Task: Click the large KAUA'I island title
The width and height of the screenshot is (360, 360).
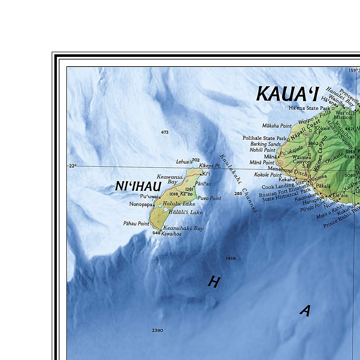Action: (x=287, y=95)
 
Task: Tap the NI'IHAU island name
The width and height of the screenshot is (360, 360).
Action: (x=138, y=186)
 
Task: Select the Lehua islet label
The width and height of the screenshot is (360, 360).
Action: (x=182, y=162)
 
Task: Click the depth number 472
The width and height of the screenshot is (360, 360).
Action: (x=165, y=132)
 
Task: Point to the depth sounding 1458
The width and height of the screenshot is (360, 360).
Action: (x=230, y=258)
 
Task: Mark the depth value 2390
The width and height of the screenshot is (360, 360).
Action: (x=157, y=330)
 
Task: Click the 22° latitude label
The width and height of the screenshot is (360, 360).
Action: (x=73, y=166)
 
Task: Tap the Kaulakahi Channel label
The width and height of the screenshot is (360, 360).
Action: (x=238, y=184)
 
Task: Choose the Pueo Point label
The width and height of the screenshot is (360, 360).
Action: (x=209, y=198)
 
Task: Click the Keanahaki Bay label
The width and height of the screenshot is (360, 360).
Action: (x=183, y=228)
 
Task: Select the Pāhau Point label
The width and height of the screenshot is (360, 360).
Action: (x=136, y=224)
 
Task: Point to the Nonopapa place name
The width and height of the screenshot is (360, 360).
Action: (x=141, y=204)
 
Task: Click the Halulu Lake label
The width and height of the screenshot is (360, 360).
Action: (x=179, y=204)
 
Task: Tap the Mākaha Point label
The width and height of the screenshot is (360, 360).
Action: (x=276, y=126)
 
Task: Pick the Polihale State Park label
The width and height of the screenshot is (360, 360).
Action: (x=264, y=138)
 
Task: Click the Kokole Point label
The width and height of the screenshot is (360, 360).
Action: (x=268, y=175)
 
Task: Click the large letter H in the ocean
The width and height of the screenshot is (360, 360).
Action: (x=214, y=282)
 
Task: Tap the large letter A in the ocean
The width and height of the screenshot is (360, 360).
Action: (x=305, y=310)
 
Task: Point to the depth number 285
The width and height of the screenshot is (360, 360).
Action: (x=238, y=194)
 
